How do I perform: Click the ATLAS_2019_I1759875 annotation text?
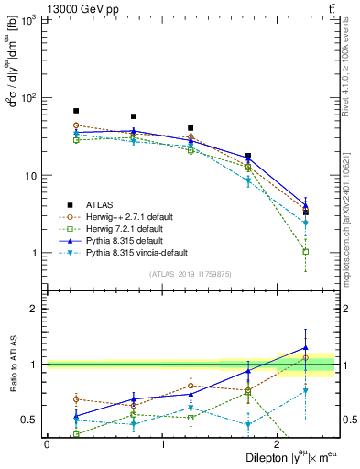[191, 273]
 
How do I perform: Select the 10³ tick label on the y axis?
[29, 20]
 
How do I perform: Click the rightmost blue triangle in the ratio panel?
[306, 348]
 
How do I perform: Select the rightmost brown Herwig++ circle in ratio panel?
[306, 357]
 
